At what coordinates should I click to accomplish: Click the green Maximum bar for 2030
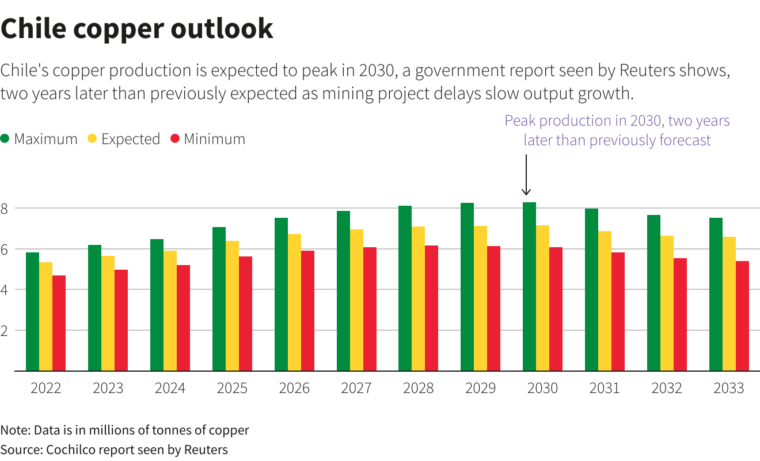point(529,286)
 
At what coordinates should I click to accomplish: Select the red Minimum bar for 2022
point(59,323)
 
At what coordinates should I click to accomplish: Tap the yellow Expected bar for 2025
point(232,305)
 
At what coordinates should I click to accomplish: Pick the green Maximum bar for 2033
point(716,294)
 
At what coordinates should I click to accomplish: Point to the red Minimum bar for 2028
point(432,308)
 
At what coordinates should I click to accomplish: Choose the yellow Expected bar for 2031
point(605,301)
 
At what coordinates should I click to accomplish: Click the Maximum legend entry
point(39,139)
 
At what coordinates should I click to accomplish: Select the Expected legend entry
point(123,139)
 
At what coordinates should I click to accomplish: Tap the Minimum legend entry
point(207,139)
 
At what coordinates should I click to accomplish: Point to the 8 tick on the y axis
point(5,209)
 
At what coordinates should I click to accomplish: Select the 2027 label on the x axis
point(356,388)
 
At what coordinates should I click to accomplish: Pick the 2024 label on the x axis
point(170,388)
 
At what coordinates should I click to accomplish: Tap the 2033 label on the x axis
point(728,388)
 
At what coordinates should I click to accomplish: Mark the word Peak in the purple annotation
point(519,121)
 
